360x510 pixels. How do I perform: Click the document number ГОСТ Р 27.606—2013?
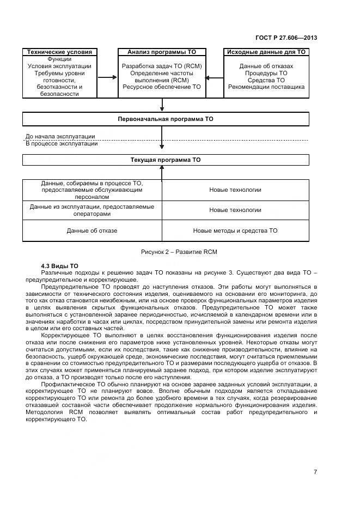tap(286, 38)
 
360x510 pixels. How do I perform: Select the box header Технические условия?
tap(60, 52)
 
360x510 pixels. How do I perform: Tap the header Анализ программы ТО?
tap(162, 52)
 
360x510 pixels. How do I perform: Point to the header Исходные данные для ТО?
tap(266, 52)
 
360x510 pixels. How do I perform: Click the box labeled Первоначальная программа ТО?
tap(166, 118)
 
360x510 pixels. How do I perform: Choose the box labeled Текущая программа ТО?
tap(166, 160)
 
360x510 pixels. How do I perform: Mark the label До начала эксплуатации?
tap(60, 137)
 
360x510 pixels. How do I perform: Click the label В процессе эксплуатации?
tap(62, 144)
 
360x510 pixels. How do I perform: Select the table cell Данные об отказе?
tap(92, 230)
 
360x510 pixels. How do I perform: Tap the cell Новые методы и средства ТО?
tap(235, 230)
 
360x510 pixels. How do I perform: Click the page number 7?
tap(315, 472)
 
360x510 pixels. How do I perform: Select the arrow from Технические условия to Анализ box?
tap(108, 77)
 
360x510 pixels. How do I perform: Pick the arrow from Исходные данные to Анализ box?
tap(216, 77)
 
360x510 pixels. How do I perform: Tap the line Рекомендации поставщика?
tap(266, 87)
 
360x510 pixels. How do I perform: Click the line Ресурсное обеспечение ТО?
tap(162, 87)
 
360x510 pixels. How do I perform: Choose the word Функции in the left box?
tap(59, 59)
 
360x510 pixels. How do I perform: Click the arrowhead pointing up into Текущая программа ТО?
tap(162, 168)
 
